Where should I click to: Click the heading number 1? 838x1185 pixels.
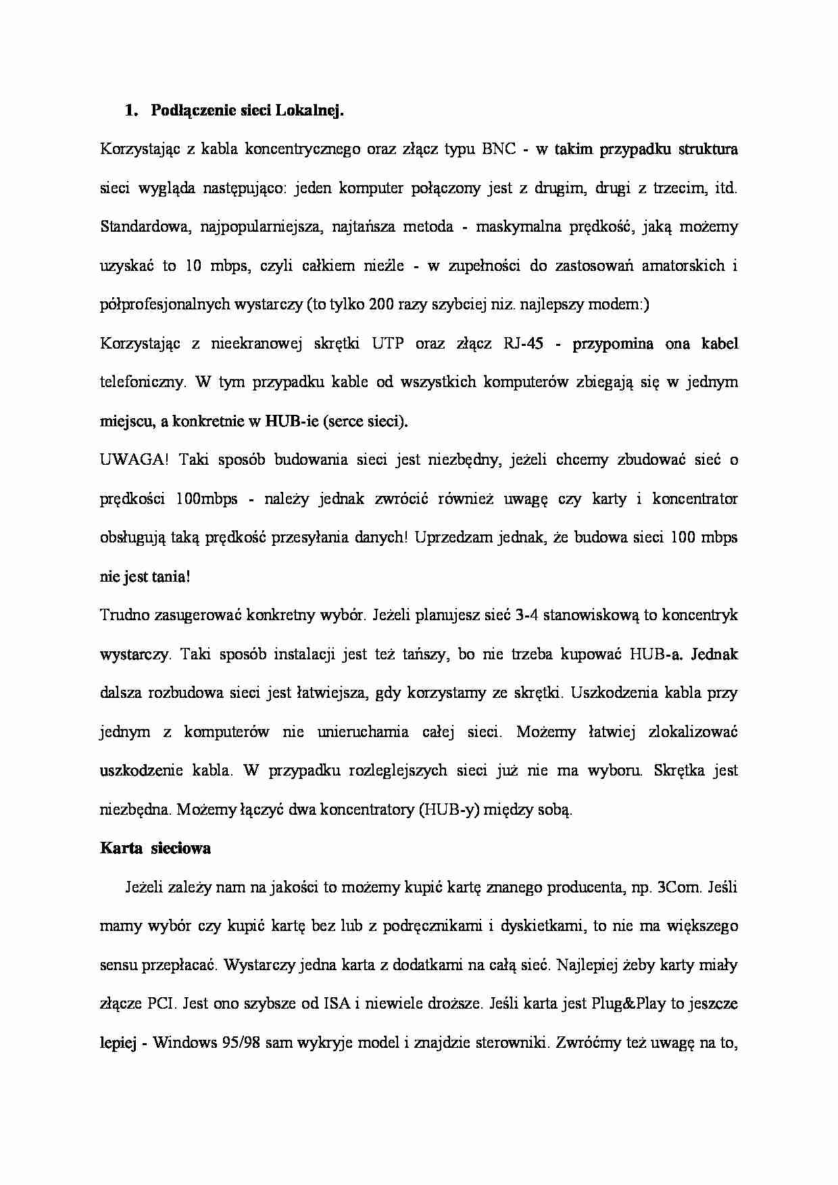(x=130, y=111)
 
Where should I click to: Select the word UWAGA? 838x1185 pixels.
(x=134, y=460)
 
